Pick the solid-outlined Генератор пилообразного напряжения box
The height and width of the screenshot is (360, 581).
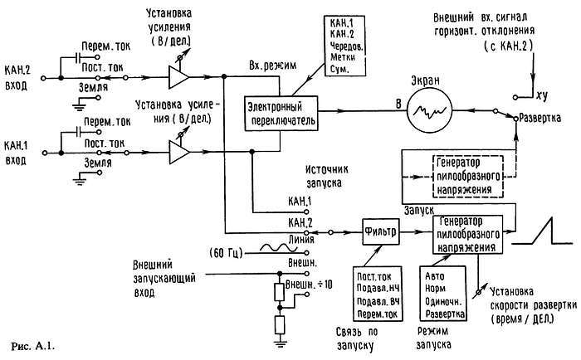pyautogui.click(x=466, y=234)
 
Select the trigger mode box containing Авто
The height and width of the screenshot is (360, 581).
pyautogui.click(x=445, y=291)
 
